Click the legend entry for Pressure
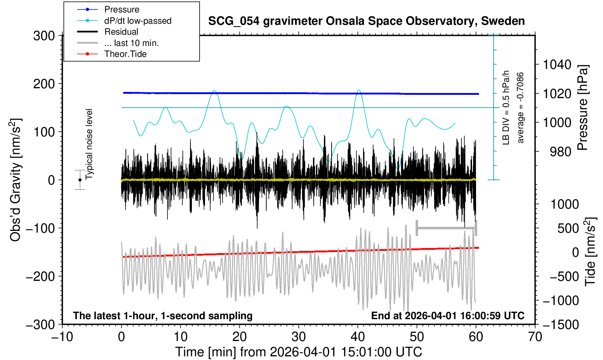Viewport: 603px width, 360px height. point(121,9)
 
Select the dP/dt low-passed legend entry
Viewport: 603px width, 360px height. point(138,21)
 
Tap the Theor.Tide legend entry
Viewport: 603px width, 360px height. point(125,54)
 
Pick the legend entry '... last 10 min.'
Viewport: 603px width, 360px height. point(131,43)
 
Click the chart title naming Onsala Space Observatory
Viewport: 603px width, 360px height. point(366,21)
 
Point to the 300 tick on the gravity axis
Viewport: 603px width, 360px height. point(44,36)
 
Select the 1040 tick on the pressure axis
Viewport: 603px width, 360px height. point(557,65)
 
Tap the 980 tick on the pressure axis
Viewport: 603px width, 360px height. point(561,152)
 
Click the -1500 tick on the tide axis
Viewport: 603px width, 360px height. point(561,324)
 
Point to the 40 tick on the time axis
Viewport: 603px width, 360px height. point(358,336)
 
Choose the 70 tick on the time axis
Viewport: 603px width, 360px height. point(535,336)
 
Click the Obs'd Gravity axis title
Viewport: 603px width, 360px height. point(16,180)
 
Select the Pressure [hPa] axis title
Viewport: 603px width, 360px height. point(583,108)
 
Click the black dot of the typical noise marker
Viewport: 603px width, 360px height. point(80,180)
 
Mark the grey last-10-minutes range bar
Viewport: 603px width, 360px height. point(446,228)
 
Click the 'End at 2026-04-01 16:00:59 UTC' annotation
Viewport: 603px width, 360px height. point(448,316)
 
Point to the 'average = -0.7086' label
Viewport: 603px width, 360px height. point(521,108)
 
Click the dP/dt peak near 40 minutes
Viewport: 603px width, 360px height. point(359,90)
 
